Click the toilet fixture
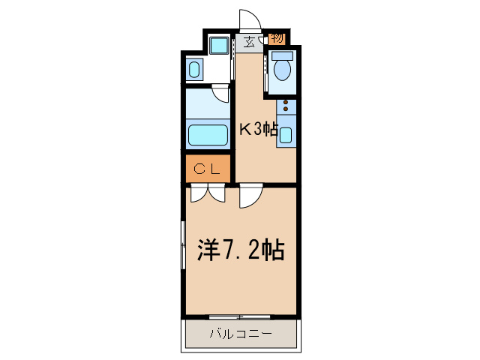tap(283, 69)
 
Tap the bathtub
tap(208, 136)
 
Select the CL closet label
tap(207, 169)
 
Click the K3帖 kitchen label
tap(259, 130)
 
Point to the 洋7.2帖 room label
tap(240, 250)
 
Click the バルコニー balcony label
tap(239, 334)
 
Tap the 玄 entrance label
tap(249, 41)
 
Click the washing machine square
tap(219, 46)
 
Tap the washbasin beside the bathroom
tap(195, 71)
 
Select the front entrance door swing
tap(249, 20)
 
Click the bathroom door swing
tap(220, 94)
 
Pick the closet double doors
tap(208, 194)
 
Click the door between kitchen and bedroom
tap(250, 197)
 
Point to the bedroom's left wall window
tap(183, 245)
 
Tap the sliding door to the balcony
tap(239, 316)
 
